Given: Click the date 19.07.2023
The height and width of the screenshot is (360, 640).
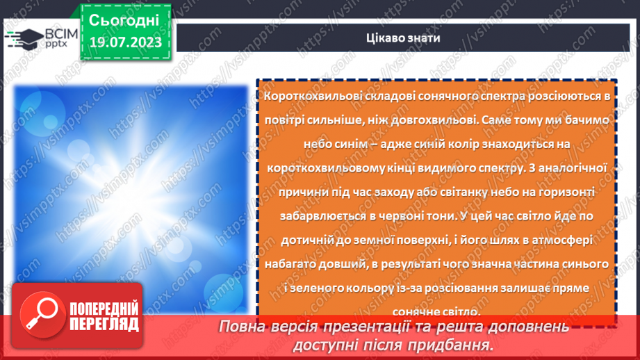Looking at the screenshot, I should [125, 43].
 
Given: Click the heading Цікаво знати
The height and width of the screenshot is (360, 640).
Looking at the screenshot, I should [406, 38].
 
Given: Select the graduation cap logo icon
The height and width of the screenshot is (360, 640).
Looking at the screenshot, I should [22, 39].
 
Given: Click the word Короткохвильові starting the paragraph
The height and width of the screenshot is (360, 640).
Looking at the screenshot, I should [306, 95].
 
